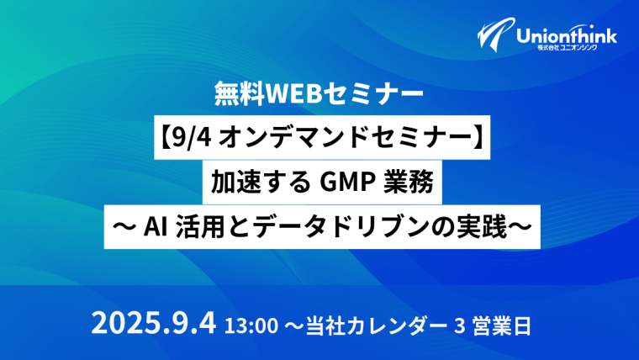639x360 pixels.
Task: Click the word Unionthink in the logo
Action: [x=567, y=36]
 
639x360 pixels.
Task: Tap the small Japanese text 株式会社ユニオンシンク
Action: [x=568, y=48]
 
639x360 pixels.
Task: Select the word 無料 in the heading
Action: [x=240, y=93]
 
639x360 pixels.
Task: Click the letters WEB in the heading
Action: [x=293, y=93]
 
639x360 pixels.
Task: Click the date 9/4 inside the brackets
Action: [x=191, y=137]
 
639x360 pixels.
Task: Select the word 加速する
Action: [x=261, y=183]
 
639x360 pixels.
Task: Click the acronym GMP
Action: [x=346, y=183]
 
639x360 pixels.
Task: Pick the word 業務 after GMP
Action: [x=409, y=183]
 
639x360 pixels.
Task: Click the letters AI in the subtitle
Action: [x=156, y=227]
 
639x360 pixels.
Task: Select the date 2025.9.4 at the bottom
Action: [x=154, y=324]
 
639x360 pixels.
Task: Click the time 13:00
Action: [x=251, y=326]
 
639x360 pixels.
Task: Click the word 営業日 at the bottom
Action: [x=502, y=326]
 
